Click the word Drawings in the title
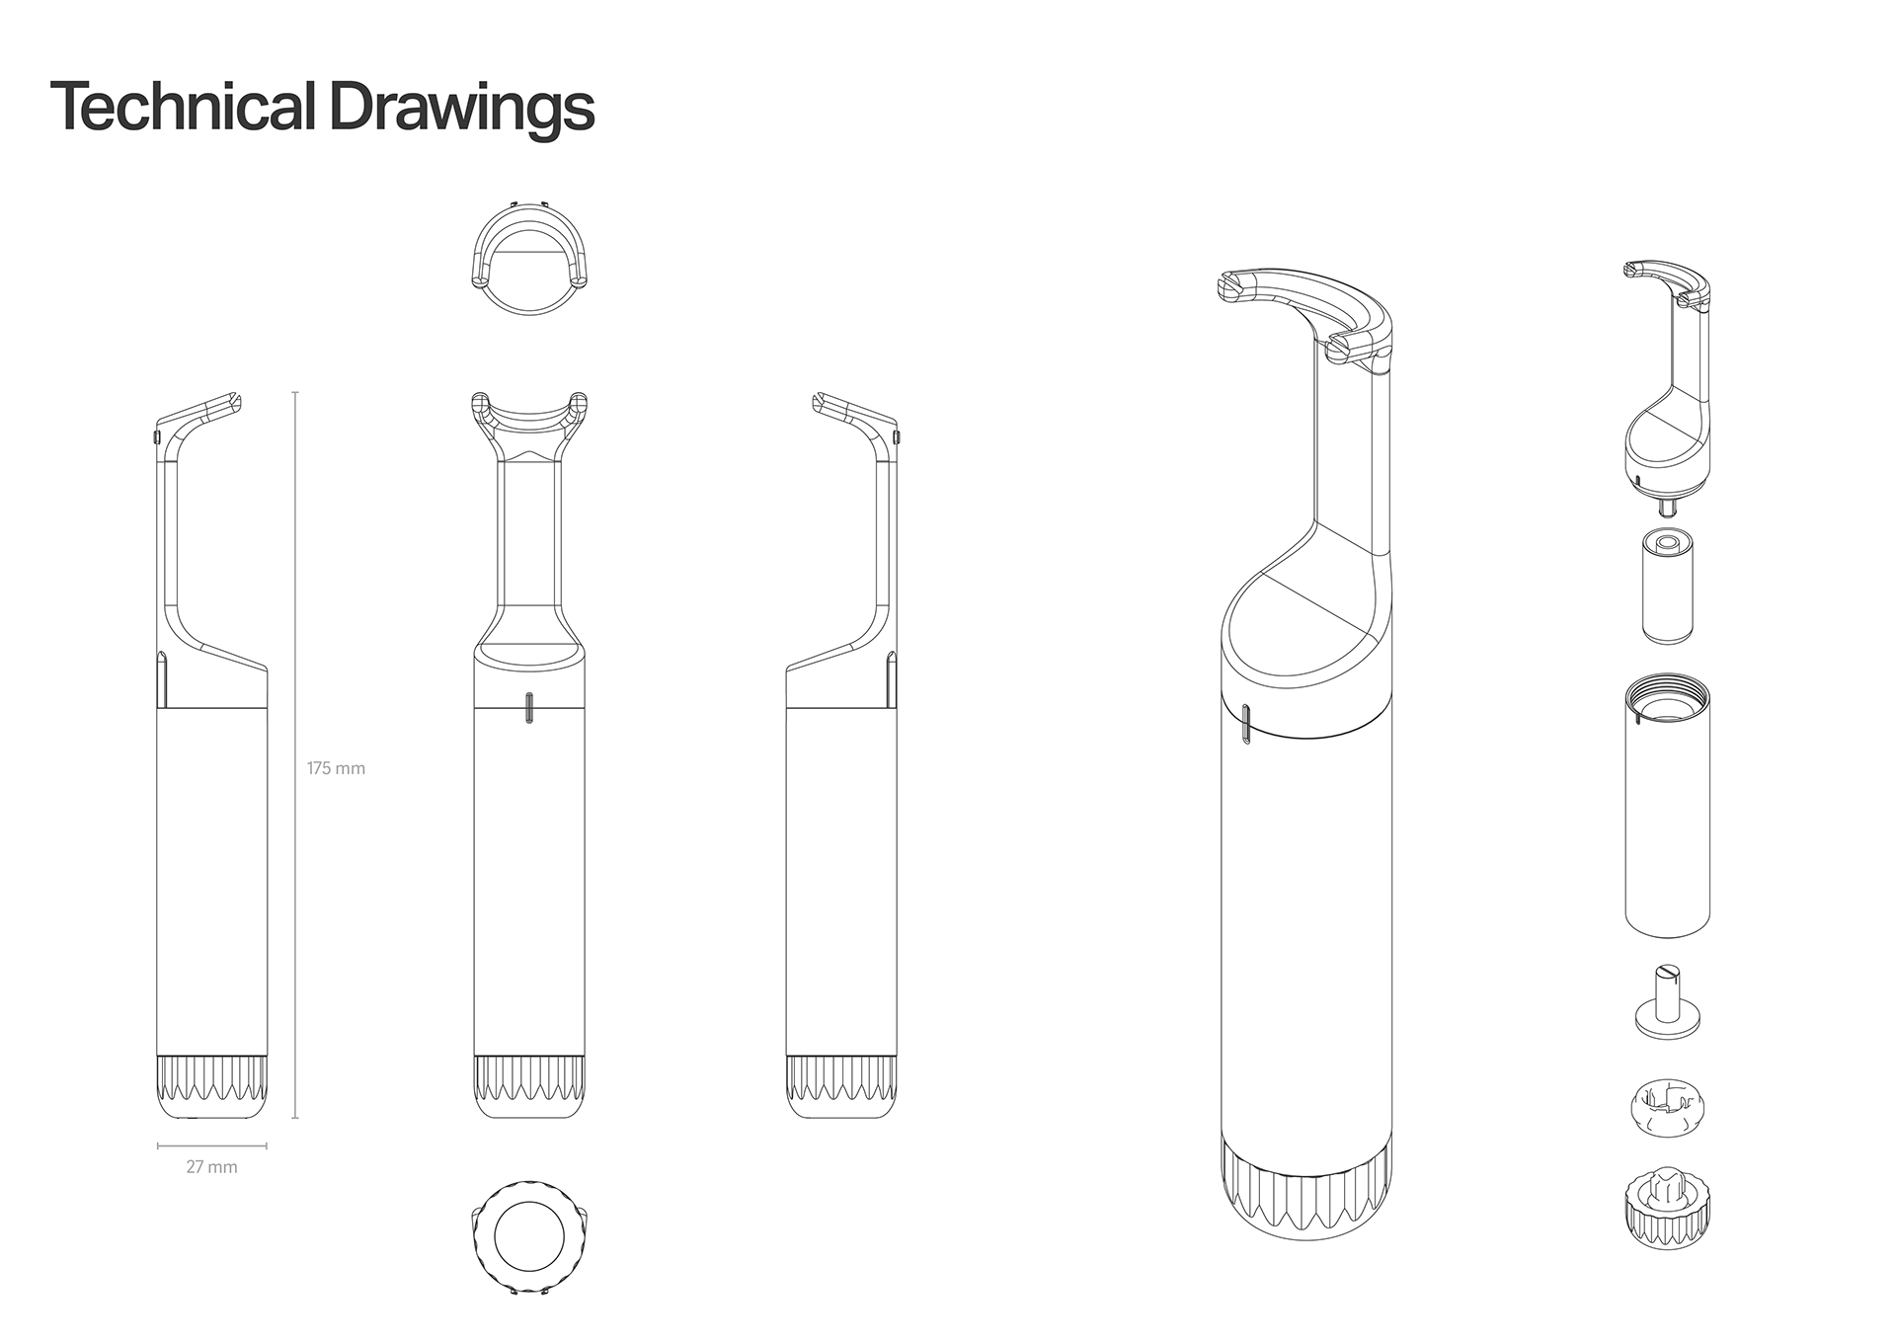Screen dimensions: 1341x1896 [x=461, y=109]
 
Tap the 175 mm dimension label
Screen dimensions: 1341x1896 [x=336, y=768]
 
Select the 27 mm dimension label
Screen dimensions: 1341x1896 [x=212, y=1167]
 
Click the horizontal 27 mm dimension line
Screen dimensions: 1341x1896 [x=212, y=1146]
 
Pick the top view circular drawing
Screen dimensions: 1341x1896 [x=529, y=259]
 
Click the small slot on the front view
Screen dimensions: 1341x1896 [x=529, y=708]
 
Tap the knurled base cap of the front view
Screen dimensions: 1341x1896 [x=529, y=1086]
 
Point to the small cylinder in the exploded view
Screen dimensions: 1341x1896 [x=1668, y=587]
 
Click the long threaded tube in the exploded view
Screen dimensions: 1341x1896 [x=1668, y=810]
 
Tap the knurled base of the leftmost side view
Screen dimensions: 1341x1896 [x=212, y=1086]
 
